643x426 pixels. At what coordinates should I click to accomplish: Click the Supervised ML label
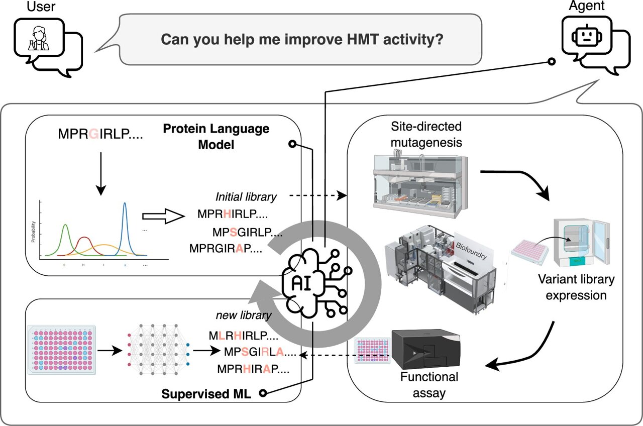[205, 393]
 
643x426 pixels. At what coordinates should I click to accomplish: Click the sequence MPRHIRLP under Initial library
[232, 215]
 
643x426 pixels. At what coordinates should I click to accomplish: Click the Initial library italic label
[246, 197]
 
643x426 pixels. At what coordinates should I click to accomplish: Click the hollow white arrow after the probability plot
[160, 217]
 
